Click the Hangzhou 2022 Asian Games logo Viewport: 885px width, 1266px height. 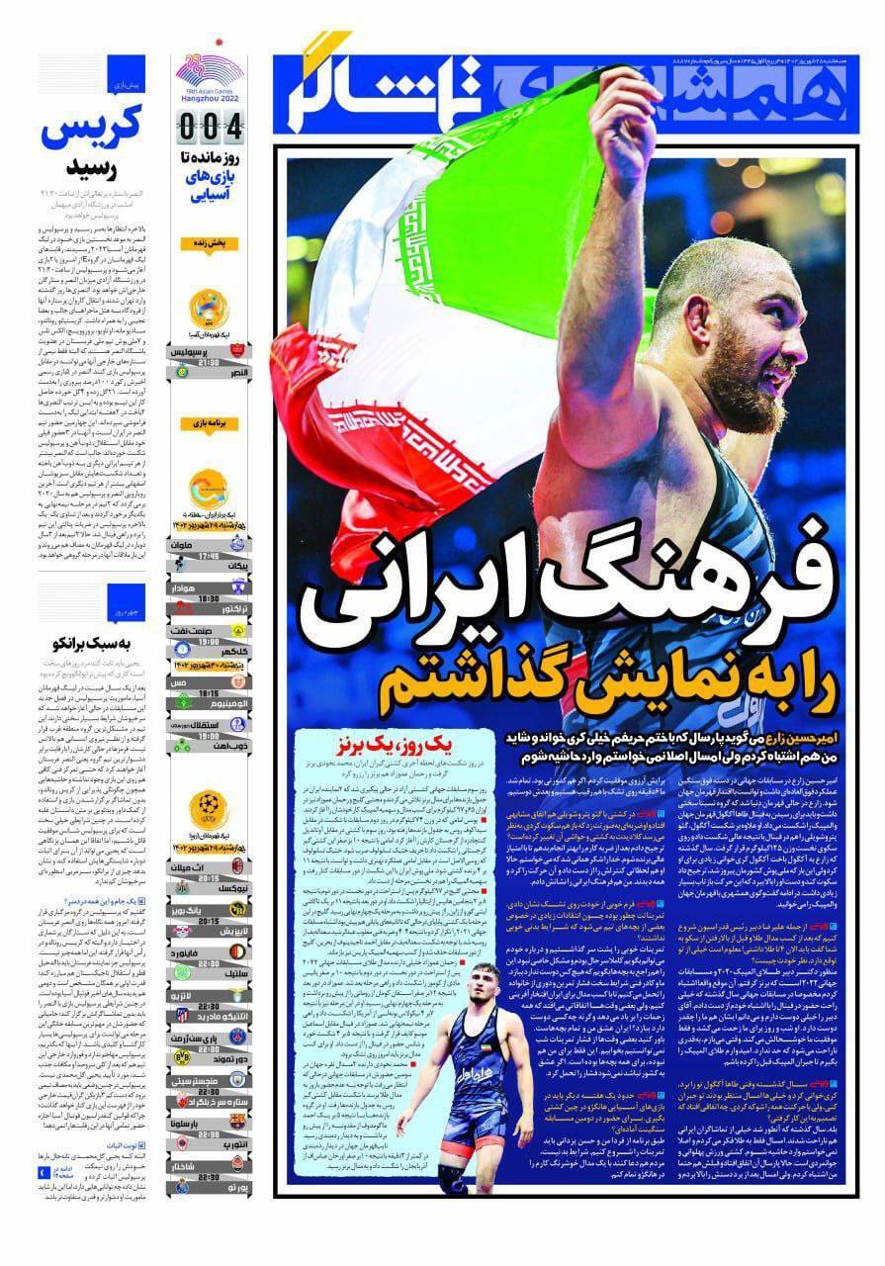(209, 78)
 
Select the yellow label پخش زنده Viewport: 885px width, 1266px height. (209, 242)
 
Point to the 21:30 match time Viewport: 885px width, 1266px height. (209, 363)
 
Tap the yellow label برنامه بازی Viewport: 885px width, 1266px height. (209, 422)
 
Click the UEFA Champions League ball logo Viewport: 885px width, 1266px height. (209, 802)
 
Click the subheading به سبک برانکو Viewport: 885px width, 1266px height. (95, 638)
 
